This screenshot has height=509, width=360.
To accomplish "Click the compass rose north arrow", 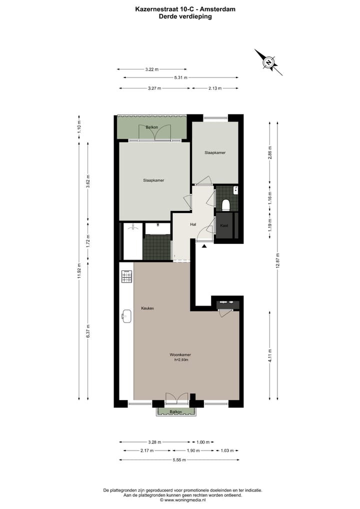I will (268, 62).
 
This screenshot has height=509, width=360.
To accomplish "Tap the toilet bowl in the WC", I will (225, 204).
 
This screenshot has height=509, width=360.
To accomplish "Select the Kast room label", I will (224, 226).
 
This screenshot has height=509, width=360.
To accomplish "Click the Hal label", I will (193, 224).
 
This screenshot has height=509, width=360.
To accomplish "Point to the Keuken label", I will (147, 308).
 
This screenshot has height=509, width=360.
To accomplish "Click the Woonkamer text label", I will (179, 354).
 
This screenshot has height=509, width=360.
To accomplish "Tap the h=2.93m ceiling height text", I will (180, 359).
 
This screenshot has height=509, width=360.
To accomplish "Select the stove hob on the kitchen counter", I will (126, 276).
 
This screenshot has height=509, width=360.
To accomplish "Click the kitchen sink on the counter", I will (126, 315).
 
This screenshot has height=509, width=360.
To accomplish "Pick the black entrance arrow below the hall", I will (203, 246).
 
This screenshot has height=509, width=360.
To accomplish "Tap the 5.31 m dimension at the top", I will (180, 77).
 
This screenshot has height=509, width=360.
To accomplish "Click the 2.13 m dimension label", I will (215, 88).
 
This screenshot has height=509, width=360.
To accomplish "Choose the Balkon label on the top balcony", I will (152, 127).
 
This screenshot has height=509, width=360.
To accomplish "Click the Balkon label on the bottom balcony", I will (175, 411).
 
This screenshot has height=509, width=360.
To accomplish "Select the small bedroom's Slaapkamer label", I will (214, 152).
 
